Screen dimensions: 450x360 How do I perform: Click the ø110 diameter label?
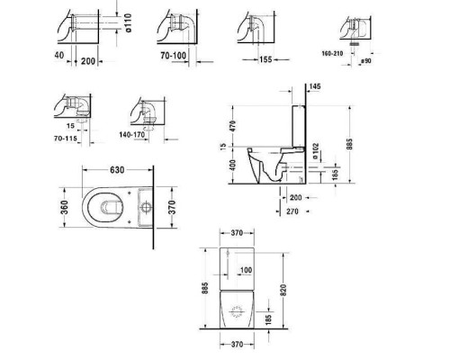point(128,22)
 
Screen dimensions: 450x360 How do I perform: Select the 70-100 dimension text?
point(174,56)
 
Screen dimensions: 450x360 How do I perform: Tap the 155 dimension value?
point(265,59)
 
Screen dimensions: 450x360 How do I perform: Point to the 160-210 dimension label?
point(332,53)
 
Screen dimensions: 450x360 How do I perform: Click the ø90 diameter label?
point(366,61)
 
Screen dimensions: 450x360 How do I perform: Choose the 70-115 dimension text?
point(66,139)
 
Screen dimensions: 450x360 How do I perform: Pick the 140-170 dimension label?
point(132,135)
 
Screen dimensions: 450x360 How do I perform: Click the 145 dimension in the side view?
point(315,86)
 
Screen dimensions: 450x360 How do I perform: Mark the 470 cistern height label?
point(232,125)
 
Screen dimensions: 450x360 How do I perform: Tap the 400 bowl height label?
point(232,165)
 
